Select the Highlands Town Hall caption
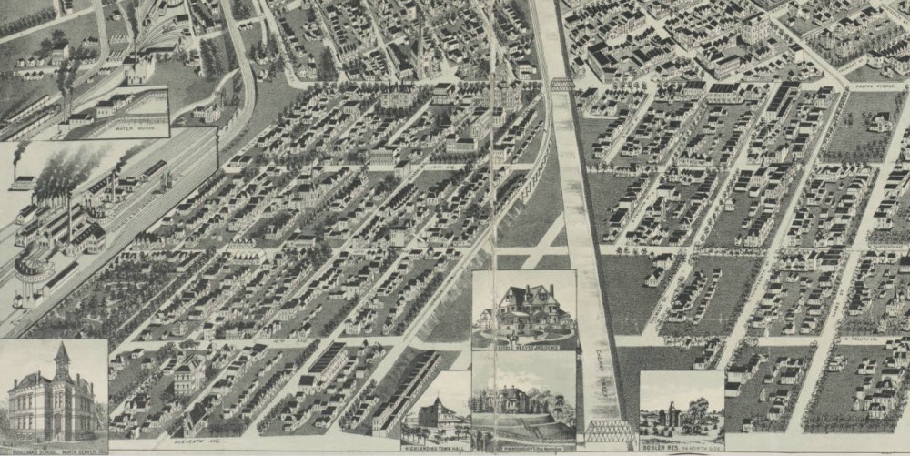pos(435,446)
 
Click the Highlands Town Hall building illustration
pos(434,414)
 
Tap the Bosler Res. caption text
pos(682,446)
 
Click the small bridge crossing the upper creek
pos(561,84)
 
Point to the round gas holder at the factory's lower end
pos(33,268)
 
